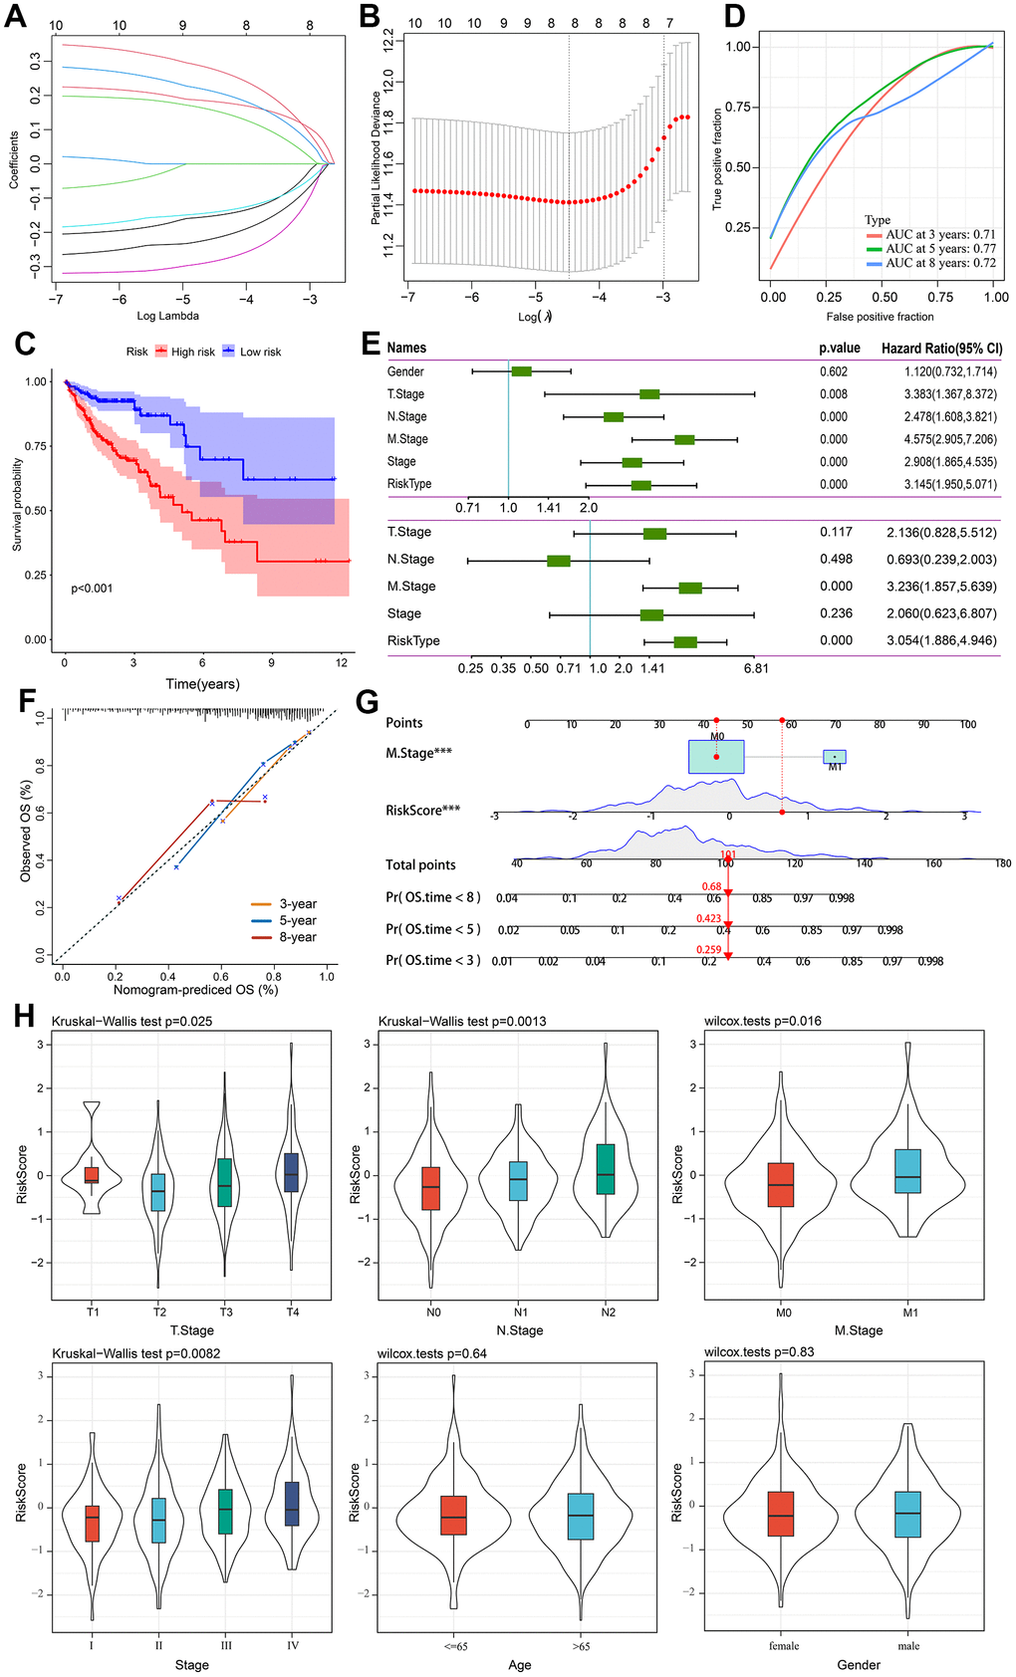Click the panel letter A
[x=15, y=17]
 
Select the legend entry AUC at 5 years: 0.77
[x=940, y=249]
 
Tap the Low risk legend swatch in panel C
[x=228, y=352]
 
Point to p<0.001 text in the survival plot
[x=92, y=589]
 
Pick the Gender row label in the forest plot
[x=405, y=371]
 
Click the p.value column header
[x=839, y=349]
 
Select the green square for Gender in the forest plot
[x=521, y=371]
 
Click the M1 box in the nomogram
[x=835, y=757]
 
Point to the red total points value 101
[x=728, y=854]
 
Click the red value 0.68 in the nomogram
[x=711, y=886]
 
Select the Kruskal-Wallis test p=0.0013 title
[x=462, y=1021]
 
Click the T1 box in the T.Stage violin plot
[x=92, y=1175]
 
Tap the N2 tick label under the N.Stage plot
[x=608, y=1313]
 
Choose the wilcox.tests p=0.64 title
[x=432, y=1353]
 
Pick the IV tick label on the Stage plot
[x=293, y=1645]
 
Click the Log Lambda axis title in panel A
[x=166, y=316]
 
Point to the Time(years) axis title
[x=202, y=684]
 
